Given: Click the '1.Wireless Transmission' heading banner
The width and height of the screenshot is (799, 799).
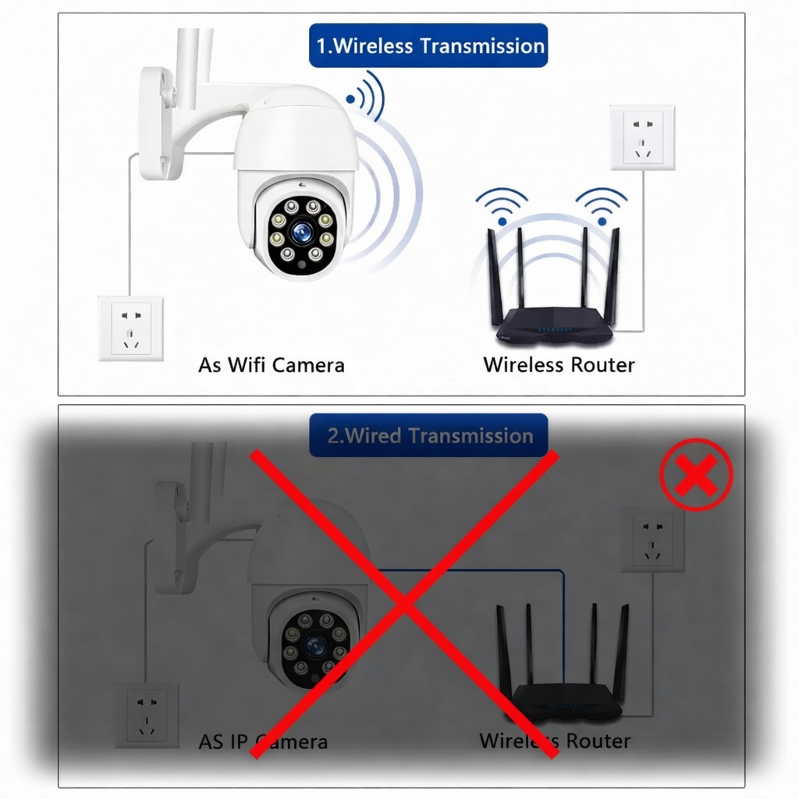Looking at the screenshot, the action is point(428,45).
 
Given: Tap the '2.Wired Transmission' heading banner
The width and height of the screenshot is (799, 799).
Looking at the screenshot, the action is point(428,435).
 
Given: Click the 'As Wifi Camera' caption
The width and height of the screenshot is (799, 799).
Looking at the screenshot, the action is point(271,365).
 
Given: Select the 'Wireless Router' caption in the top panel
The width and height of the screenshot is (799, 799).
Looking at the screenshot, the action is point(559,365).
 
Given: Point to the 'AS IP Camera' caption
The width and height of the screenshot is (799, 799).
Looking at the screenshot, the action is point(263,741).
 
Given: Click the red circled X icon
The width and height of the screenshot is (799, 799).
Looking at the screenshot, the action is point(696,474).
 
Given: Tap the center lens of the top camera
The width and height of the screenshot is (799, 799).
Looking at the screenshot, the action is point(302,233).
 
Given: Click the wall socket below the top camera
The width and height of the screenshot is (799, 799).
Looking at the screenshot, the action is point(131,328).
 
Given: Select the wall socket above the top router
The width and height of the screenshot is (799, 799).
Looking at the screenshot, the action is point(643,137).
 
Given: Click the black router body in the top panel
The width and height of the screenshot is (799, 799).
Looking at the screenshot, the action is point(555,326).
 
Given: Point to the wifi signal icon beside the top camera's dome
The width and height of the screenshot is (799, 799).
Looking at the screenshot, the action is point(366,97).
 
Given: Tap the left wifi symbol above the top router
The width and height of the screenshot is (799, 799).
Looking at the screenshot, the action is point(502,205).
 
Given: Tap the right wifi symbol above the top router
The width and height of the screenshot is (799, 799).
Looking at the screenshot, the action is point(602,205).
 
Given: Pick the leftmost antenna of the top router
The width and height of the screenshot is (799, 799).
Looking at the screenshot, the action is point(495,278).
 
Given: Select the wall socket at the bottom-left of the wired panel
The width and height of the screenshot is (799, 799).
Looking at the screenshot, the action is point(146,716).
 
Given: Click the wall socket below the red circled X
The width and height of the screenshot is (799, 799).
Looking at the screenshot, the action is point(652,540).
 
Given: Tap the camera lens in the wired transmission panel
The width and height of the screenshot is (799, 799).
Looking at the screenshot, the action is point(316,646).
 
